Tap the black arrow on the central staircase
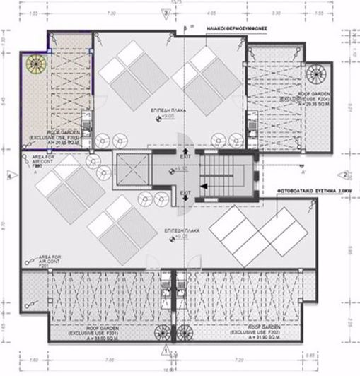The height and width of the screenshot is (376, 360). (x=204, y=185)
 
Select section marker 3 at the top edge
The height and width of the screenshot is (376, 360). (x=166, y=13)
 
